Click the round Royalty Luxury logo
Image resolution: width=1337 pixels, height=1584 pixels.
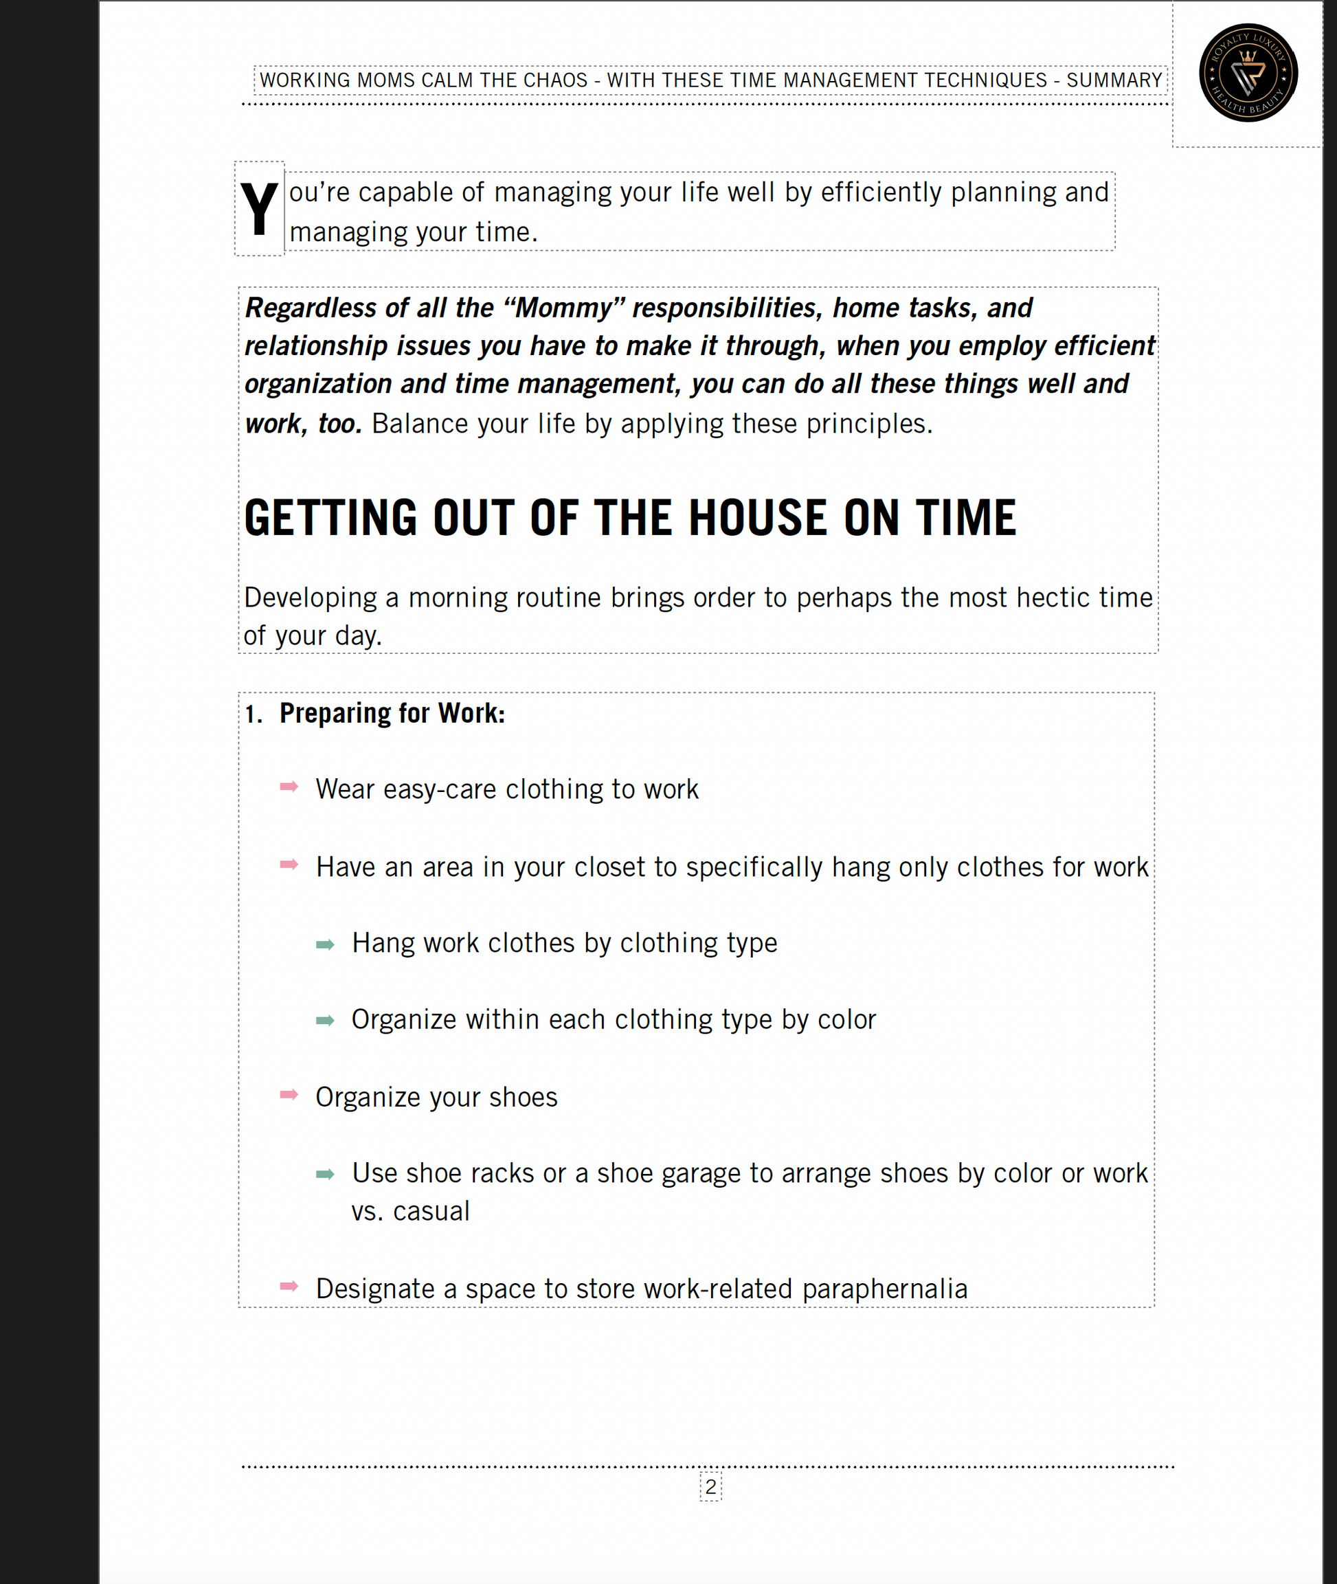1248,73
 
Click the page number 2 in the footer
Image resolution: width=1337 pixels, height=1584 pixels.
710,1486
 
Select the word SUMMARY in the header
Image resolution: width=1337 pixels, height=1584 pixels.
1114,80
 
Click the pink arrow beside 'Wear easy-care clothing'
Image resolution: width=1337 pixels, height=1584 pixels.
289,787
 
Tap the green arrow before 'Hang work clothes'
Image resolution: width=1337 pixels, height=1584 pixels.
325,944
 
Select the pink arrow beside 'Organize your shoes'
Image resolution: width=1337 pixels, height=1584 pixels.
289,1094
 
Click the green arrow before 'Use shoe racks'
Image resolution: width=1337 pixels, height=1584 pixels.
325,1175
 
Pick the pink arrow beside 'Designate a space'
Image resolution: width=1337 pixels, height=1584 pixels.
289,1286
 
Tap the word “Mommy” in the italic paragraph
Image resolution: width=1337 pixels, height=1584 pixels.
564,308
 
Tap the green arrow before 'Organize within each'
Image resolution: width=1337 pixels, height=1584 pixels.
325,1021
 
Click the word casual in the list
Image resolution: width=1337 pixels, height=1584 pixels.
431,1212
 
